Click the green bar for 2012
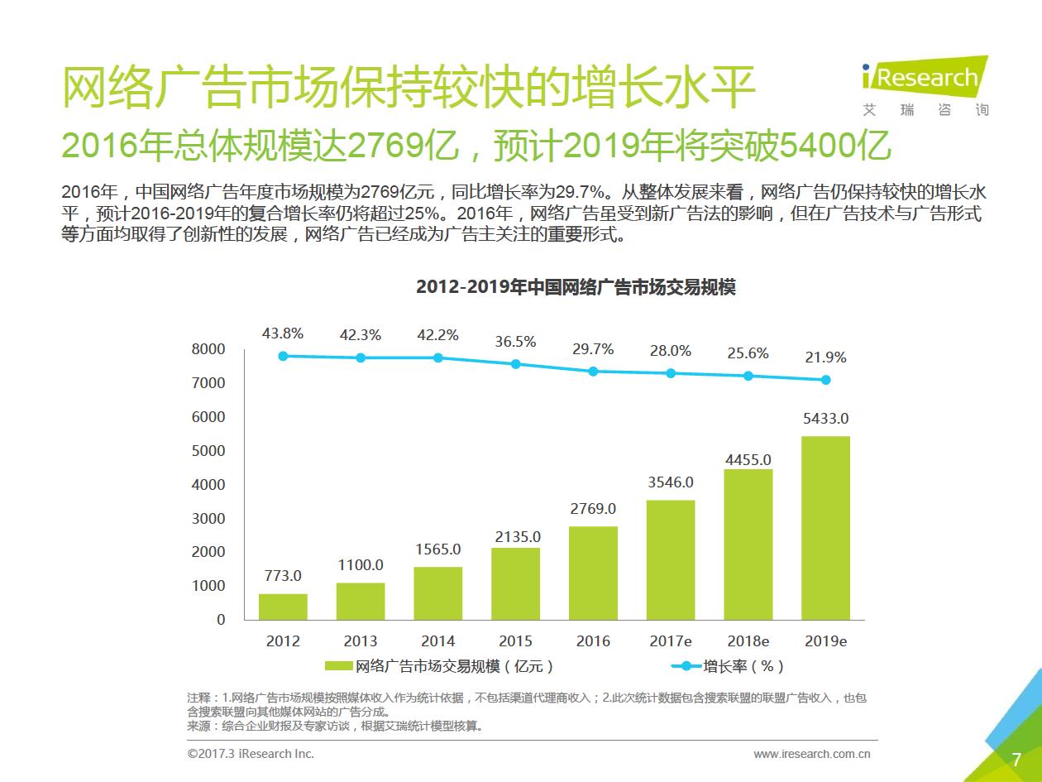click(283, 607)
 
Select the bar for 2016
click(593, 573)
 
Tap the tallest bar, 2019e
click(825, 528)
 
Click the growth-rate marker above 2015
click(516, 364)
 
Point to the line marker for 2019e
click(825, 380)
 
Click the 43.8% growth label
click(283, 334)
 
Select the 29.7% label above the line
click(593, 350)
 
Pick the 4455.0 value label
click(748, 460)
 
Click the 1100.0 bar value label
click(361, 566)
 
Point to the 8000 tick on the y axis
click(208, 350)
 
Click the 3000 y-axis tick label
click(208, 519)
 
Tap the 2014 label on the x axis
click(437, 641)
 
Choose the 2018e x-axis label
click(748, 641)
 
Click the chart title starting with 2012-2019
click(576, 288)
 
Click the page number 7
click(1016, 760)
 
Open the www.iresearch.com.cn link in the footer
click(811, 754)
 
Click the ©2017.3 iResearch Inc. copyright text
click(251, 754)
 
